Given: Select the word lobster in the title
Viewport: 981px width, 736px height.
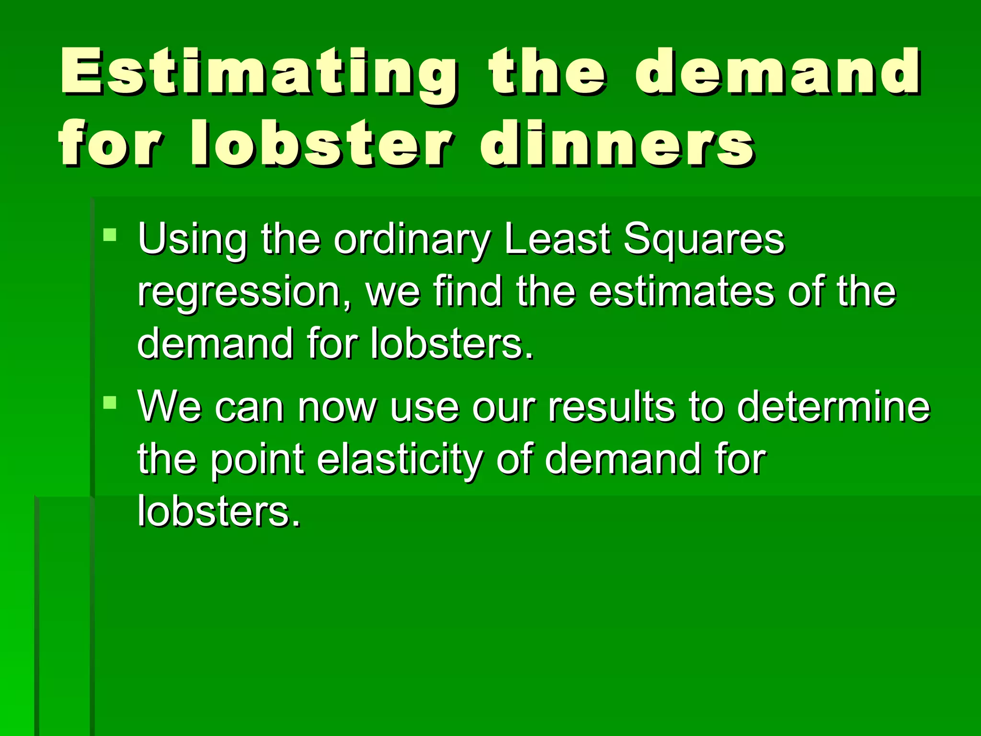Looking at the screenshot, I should [x=321, y=143].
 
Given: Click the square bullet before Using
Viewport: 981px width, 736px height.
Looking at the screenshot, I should [x=110, y=235].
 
